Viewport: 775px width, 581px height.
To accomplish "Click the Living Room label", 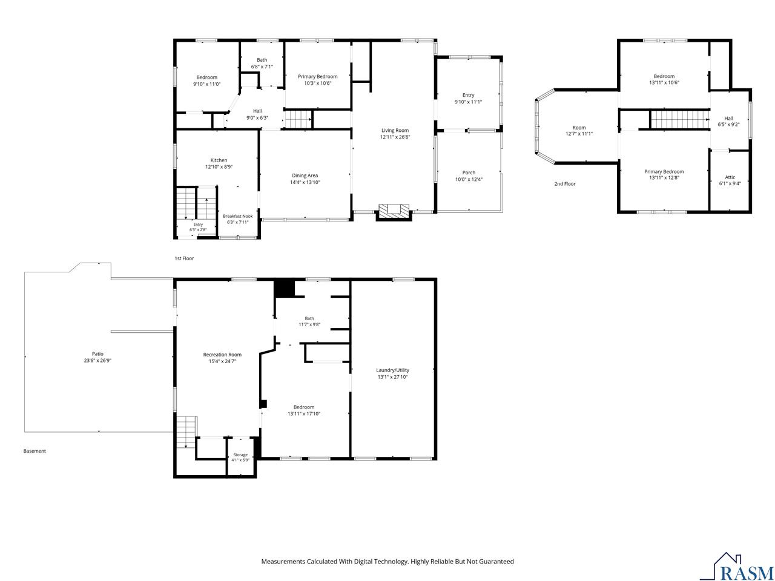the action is coord(395,130).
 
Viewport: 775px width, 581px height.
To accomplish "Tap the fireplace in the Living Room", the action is coord(394,212).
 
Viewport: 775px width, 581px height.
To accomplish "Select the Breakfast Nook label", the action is coord(237,216).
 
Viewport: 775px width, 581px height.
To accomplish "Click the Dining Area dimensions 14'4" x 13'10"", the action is coord(305,182).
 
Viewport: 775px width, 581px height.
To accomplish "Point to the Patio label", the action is coord(98,353).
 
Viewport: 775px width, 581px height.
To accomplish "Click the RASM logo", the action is coord(742,567).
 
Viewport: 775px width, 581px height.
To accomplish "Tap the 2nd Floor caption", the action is coord(564,184).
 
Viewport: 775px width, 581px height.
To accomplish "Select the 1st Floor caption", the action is coord(184,258).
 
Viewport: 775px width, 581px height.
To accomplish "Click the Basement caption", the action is coord(35,451).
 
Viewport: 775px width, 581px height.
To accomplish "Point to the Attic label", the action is coord(730,177).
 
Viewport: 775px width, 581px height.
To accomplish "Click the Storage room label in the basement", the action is coord(240,455).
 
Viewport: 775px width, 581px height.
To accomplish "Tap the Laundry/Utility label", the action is coord(392,370).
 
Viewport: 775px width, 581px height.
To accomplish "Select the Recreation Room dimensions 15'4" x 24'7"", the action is coord(222,361).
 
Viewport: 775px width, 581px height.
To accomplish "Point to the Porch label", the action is coord(469,172).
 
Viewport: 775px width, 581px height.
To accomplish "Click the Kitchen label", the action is coord(219,160).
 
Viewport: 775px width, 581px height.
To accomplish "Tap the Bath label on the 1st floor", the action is coord(262,60).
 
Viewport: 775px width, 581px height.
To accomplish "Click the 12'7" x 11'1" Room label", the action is coord(579,131).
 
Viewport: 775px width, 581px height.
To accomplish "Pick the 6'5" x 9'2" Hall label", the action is coord(728,122).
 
